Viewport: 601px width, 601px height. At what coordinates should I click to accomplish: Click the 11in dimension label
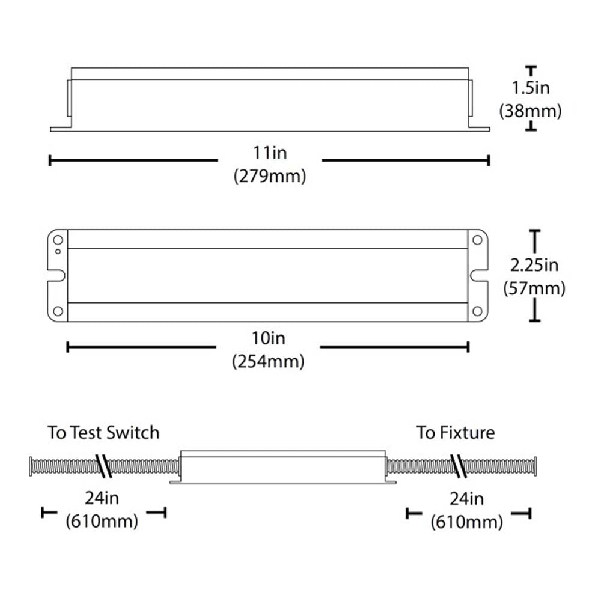[x=269, y=152]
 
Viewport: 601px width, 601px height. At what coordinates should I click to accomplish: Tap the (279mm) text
[x=269, y=177]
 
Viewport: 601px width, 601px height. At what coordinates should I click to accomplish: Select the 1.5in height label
[x=531, y=88]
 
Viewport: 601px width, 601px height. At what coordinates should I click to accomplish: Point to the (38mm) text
[x=531, y=111]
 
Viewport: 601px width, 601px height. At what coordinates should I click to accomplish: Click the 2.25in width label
[x=534, y=264]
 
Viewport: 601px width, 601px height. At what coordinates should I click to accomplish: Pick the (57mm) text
[x=534, y=288]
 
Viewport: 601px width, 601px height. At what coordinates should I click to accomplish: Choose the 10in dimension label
[x=268, y=338]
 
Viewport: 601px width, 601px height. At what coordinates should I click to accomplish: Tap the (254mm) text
[x=268, y=362]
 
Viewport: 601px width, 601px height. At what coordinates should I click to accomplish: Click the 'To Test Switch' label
[x=104, y=433]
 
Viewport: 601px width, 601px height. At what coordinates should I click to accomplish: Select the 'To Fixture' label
[x=456, y=433]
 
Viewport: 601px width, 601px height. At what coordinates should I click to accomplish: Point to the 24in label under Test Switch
[x=102, y=498]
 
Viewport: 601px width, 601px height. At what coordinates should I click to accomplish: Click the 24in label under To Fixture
[x=467, y=499]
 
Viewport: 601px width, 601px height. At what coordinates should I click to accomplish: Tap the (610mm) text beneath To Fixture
[x=467, y=523]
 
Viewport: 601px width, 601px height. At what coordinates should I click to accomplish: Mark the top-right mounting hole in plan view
[x=478, y=240]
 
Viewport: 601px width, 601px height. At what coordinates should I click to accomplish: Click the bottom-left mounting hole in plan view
[x=58, y=311]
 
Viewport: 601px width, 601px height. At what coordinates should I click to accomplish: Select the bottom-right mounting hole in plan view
[x=478, y=311]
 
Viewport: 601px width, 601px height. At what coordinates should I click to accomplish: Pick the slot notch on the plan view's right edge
[x=479, y=276]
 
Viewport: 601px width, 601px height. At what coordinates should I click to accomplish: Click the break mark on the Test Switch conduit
[x=104, y=466]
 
